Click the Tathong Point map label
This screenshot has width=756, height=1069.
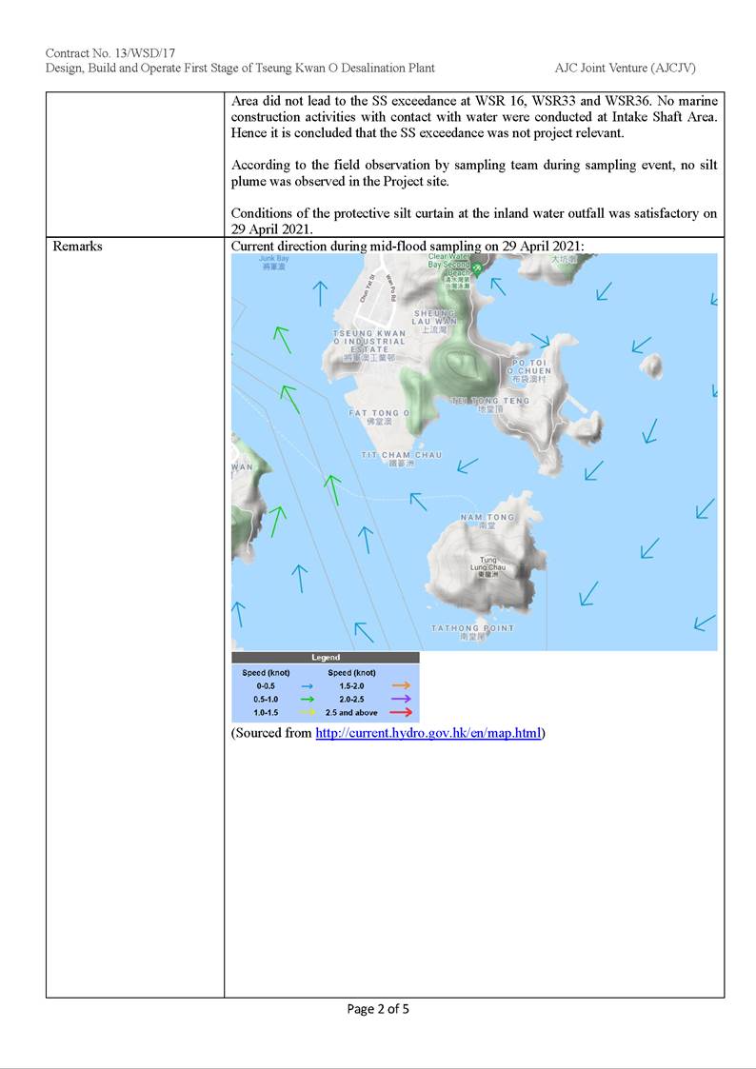click(x=472, y=628)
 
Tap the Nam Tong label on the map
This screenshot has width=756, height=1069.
click(x=487, y=518)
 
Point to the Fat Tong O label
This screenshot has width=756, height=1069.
click(x=379, y=413)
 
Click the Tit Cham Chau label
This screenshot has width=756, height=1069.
click(x=401, y=456)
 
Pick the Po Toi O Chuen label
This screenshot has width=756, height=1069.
click(x=528, y=367)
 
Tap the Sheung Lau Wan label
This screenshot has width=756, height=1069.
click(x=436, y=317)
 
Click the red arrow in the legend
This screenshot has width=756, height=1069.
click(x=400, y=711)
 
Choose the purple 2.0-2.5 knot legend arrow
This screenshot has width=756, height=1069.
click(x=400, y=698)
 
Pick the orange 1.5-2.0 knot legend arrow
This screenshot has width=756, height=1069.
click(x=400, y=684)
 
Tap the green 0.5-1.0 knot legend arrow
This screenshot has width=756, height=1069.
click(x=307, y=698)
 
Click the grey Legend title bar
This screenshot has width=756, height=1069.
click(x=325, y=657)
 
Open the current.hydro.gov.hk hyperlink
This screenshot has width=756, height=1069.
click(x=428, y=733)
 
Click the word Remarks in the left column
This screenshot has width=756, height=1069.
click(x=78, y=247)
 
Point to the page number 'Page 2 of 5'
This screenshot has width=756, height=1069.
click(x=378, y=1009)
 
